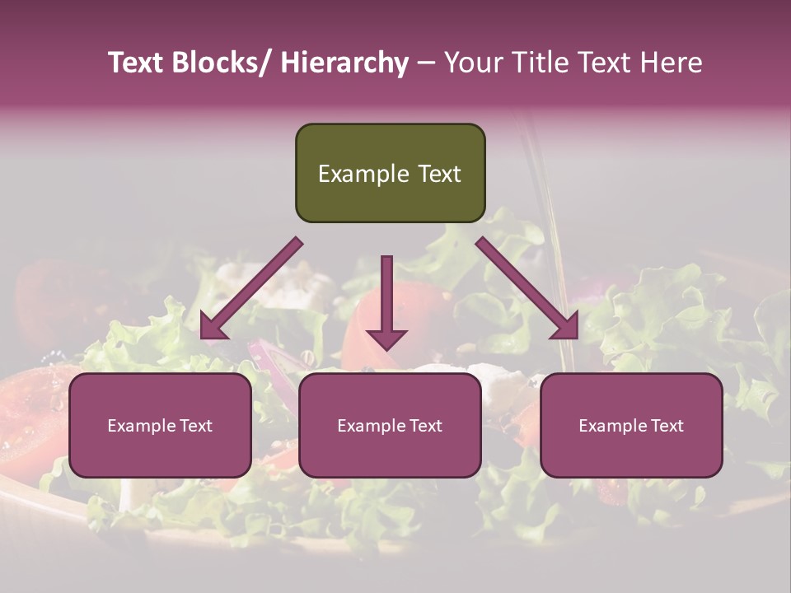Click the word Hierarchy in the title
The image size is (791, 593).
point(344,63)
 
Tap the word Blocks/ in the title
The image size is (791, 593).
point(220,63)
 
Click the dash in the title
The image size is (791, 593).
point(426,63)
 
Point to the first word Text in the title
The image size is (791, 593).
point(137,63)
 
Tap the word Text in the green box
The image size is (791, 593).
point(438,174)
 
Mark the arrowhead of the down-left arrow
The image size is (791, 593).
point(213,327)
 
